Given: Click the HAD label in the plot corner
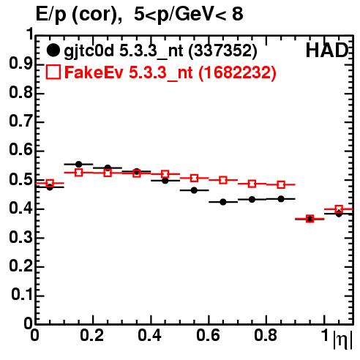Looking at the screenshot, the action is pyautogui.click(x=327, y=50).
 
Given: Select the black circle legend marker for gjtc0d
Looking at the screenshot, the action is pyautogui.click(x=53, y=50).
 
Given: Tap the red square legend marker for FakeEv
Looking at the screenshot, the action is pyautogui.click(x=53, y=72).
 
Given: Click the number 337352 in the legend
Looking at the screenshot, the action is pyautogui.click(x=223, y=50).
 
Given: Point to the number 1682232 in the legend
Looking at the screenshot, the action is pyautogui.click(x=237, y=72).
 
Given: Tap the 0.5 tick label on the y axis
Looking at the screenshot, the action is pyautogui.click(x=21, y=180).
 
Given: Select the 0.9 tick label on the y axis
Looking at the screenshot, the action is pyautogui.click(x=21, y=64).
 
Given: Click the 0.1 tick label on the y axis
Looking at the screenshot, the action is pyautogui.click(x=22, y=295).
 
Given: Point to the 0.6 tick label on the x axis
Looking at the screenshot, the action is pyautogui.click(x=208, y=335).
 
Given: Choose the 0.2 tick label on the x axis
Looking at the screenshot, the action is pyautogui.click(x=92, y=335).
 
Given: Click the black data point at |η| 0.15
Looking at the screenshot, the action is pyautogui.click(x=78, y=164).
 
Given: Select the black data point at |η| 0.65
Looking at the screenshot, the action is pyautogui.click(x=223, y=202).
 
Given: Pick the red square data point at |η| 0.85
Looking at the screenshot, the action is pyautogui.click(x=281, y=184).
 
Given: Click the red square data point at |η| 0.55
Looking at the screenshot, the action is pyautogui.click(x=194, y=178).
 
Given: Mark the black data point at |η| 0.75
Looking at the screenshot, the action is pyautogui.click(x=252, y=200).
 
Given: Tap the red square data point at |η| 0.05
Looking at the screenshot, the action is pyautogui.click(x=50, y=183).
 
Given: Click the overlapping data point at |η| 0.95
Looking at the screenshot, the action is pyautogui.click(x=310, y=219).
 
